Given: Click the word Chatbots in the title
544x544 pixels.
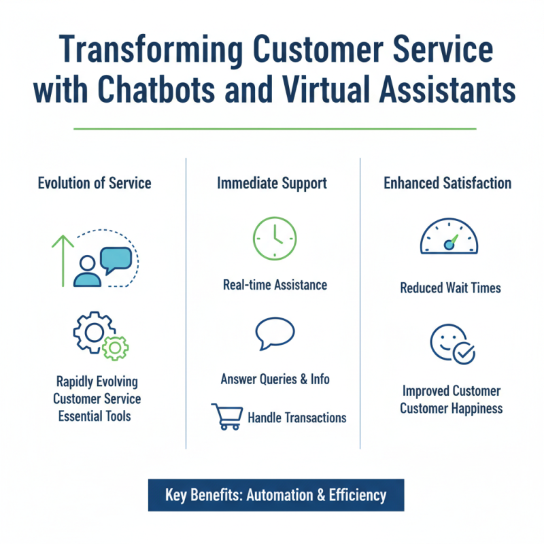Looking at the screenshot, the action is [156, 90].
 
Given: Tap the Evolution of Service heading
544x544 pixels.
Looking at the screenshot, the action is [95, 183].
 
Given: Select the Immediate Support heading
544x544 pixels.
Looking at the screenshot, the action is [272, 184].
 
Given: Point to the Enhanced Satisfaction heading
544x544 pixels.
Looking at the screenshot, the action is [447, 183].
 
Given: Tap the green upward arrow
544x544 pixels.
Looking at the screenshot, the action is [63, 261].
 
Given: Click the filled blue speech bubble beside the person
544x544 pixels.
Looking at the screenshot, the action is [116, 260].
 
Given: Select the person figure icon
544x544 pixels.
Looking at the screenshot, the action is [88, 271].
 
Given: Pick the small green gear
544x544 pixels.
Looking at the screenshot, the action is [115, 348].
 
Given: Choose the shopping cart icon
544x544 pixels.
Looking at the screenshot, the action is [227, 416].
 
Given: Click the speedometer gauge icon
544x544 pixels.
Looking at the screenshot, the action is [449, 236].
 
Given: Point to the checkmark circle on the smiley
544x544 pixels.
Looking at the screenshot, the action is [464, 353].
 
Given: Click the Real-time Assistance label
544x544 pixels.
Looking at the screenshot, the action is [275, 285].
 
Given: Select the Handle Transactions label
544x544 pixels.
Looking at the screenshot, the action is [297, 418].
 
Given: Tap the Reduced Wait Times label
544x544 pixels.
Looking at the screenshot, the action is [450, 288].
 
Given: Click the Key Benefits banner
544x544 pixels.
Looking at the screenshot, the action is [276, 495].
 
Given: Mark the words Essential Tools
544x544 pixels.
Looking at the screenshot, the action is [95, 416].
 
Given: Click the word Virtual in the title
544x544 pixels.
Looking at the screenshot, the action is [325, 90].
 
